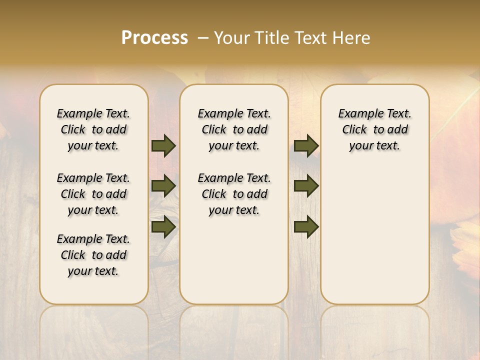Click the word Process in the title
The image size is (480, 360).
pos(154,38)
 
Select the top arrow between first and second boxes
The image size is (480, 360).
pos(163,146)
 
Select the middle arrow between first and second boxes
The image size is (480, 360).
pos(163,186)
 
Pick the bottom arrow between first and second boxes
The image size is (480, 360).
pos(163,227)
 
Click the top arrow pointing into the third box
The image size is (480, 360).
pos(306,146)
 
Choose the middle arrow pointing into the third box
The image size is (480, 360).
pos(306,186)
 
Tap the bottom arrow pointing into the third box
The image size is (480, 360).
pos(306,227)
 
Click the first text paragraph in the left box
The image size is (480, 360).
pos(93,129)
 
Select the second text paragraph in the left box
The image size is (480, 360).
pos(93,194)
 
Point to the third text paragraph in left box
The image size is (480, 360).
pos(93,255)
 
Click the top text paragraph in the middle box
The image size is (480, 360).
pos(234,129)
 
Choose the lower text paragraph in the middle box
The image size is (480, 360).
pos(234,194)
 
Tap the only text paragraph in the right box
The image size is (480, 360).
pos(374,129)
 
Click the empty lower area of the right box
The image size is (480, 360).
pos(374,235)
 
